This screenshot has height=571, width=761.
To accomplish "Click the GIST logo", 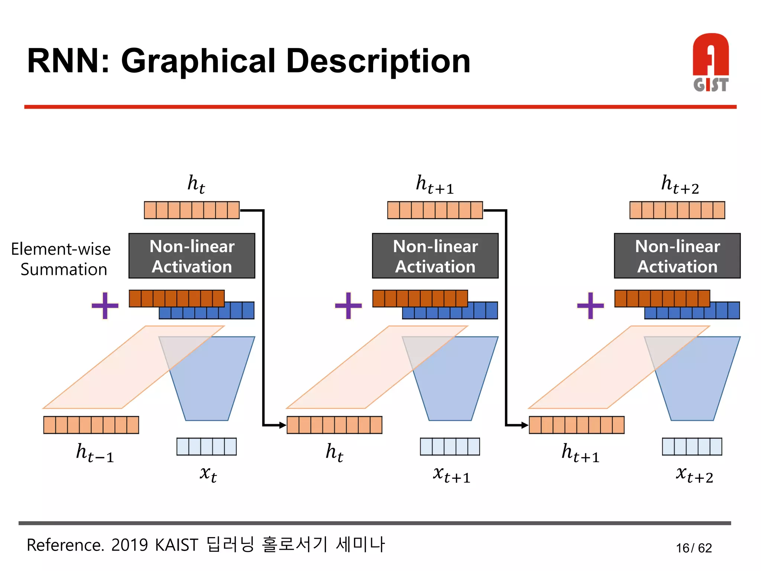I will click(710, 62).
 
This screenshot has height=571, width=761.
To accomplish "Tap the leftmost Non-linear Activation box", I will click(192, 256).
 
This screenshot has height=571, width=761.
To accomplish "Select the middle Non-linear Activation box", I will click(435, 256).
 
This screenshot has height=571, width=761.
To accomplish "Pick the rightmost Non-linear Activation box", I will click(677, 256).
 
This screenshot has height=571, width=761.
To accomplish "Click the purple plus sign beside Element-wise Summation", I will click(105, 306).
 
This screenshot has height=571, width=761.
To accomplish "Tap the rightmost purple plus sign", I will click(590, 306).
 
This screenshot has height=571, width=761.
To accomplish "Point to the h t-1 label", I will click(95, 453).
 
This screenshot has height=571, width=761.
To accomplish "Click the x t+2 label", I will click(694, 474).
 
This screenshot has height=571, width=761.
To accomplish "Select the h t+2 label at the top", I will click(680, 184).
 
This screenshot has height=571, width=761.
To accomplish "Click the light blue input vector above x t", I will click(206, 446).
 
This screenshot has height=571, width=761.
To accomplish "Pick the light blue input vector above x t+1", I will click(450, 446).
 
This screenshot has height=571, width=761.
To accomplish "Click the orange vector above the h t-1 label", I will click(91, 425).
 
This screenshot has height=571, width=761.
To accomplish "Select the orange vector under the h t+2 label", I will click(677, 210).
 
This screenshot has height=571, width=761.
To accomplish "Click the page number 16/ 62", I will click(694, 548).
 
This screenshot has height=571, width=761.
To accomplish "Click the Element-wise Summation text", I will click(61, 259).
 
